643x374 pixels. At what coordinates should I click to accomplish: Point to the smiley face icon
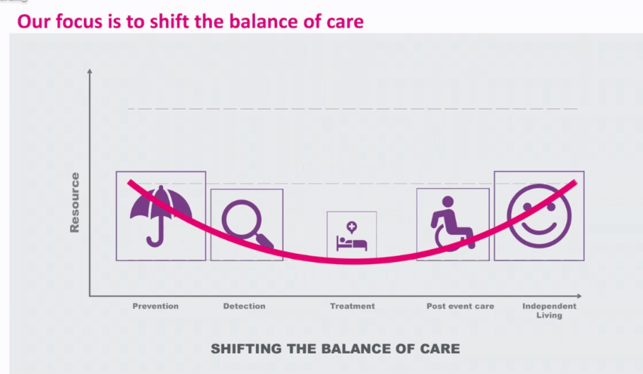point(539,216)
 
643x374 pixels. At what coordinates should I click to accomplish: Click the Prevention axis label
point(155,306)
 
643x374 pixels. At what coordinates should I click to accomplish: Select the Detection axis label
point(244,306)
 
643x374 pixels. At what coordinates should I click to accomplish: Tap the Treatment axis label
point(353,306)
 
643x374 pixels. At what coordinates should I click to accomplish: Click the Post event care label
point(460,306)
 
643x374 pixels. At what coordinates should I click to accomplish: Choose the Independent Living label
point(549,310)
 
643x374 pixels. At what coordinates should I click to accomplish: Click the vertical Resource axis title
point(75,203)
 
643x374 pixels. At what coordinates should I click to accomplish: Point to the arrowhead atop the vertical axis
point(90,71)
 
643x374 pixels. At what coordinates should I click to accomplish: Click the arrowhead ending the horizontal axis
point(579,296)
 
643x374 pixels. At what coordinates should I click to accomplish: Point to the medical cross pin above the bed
point(351,227)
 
